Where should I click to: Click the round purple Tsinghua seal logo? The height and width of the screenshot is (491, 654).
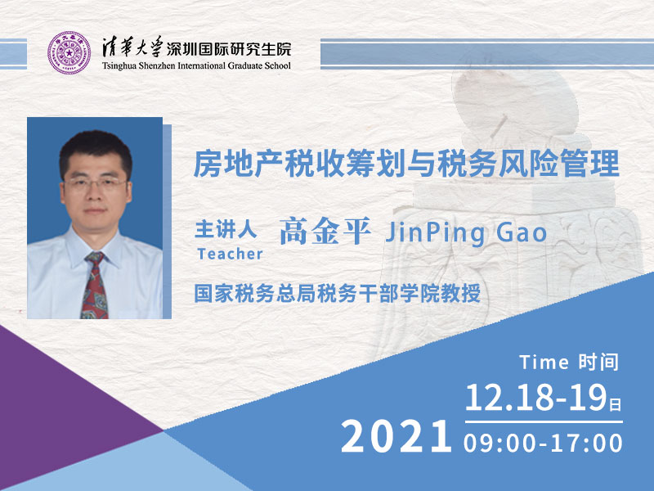coord(69,52)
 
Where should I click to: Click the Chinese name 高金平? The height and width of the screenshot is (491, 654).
coord(325,231)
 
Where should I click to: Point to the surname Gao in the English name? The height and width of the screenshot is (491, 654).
coord(522,232)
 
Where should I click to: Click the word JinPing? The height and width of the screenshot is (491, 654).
coord(435,233)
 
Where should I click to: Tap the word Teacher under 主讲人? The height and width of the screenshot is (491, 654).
coord(230,254)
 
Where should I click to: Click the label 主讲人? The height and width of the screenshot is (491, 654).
coord(226,229)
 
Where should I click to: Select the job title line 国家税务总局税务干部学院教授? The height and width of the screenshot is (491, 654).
coord(338,293)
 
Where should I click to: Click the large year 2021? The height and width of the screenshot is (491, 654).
coord(396,436)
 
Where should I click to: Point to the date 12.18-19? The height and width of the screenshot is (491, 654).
coord(536,398)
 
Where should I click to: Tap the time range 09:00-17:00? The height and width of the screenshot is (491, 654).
coord(543,443)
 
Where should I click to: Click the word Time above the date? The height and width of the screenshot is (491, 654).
coord(544,362)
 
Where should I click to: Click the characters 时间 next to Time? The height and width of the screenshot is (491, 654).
coord(598,362)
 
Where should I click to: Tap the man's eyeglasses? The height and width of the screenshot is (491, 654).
coord(95,183)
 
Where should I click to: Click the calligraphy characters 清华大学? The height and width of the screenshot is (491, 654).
coord(132,47)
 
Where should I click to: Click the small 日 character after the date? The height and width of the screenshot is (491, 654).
coord(616,404)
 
